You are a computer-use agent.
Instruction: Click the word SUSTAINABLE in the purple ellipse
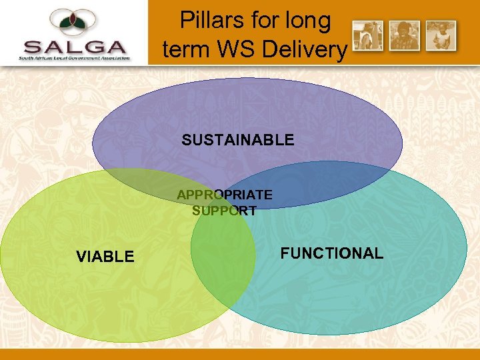(237, 140)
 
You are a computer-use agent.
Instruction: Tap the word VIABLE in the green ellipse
(105, 257)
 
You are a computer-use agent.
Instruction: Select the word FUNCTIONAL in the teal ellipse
(331, 253)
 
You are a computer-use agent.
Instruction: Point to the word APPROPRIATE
(224, 195)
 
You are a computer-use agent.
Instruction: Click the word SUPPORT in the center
(224, 211)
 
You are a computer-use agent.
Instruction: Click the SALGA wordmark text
(74, 47)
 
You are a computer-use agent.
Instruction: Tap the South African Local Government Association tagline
(74, 59)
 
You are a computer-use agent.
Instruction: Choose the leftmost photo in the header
(367, 35)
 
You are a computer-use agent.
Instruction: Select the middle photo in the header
(404, 35)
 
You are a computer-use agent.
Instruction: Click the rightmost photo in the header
(441, 35)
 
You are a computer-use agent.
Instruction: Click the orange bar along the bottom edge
(240, 354)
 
